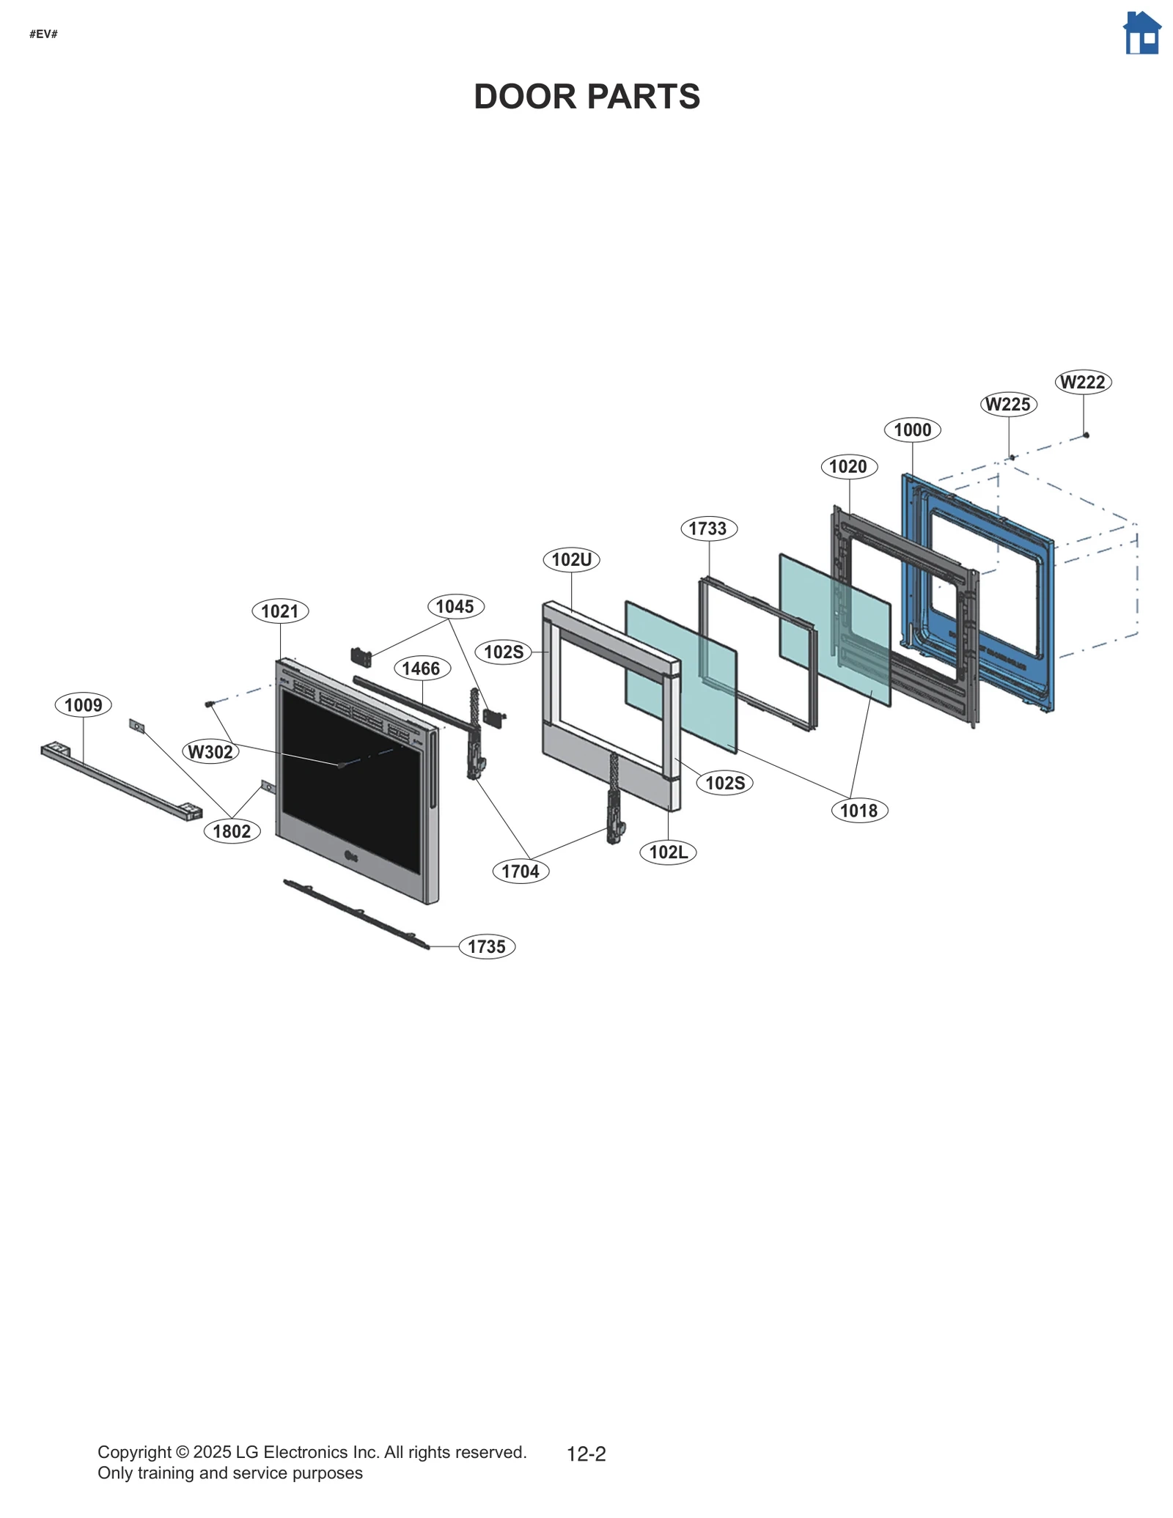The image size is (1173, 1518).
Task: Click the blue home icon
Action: [1141, 34]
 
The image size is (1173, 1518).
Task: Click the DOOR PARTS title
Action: [586, 97]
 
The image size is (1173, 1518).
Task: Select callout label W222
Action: [1083, 382]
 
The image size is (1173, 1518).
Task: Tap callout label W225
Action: [1008, 404]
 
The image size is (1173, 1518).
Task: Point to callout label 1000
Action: [912, 430]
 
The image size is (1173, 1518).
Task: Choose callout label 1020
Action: [848, 466]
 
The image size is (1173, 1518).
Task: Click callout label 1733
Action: [708, 528]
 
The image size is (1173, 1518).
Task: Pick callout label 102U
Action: [571, 560]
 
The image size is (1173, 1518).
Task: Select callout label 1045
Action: [455, 606]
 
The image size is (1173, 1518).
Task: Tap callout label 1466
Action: [421, 668]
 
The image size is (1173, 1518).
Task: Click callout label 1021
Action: [280, 611]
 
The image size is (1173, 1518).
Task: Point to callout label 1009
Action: [83, 705]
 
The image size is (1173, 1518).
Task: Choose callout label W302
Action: [210, 751]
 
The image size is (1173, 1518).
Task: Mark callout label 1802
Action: [232, 831]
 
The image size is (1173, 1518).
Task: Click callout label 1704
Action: [521, 871]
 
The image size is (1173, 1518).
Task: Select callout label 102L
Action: [668, 852]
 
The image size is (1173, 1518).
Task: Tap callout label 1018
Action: [858, 810]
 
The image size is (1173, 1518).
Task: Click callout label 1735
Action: [487, 946]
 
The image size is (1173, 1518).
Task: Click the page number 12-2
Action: [586, 1453]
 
